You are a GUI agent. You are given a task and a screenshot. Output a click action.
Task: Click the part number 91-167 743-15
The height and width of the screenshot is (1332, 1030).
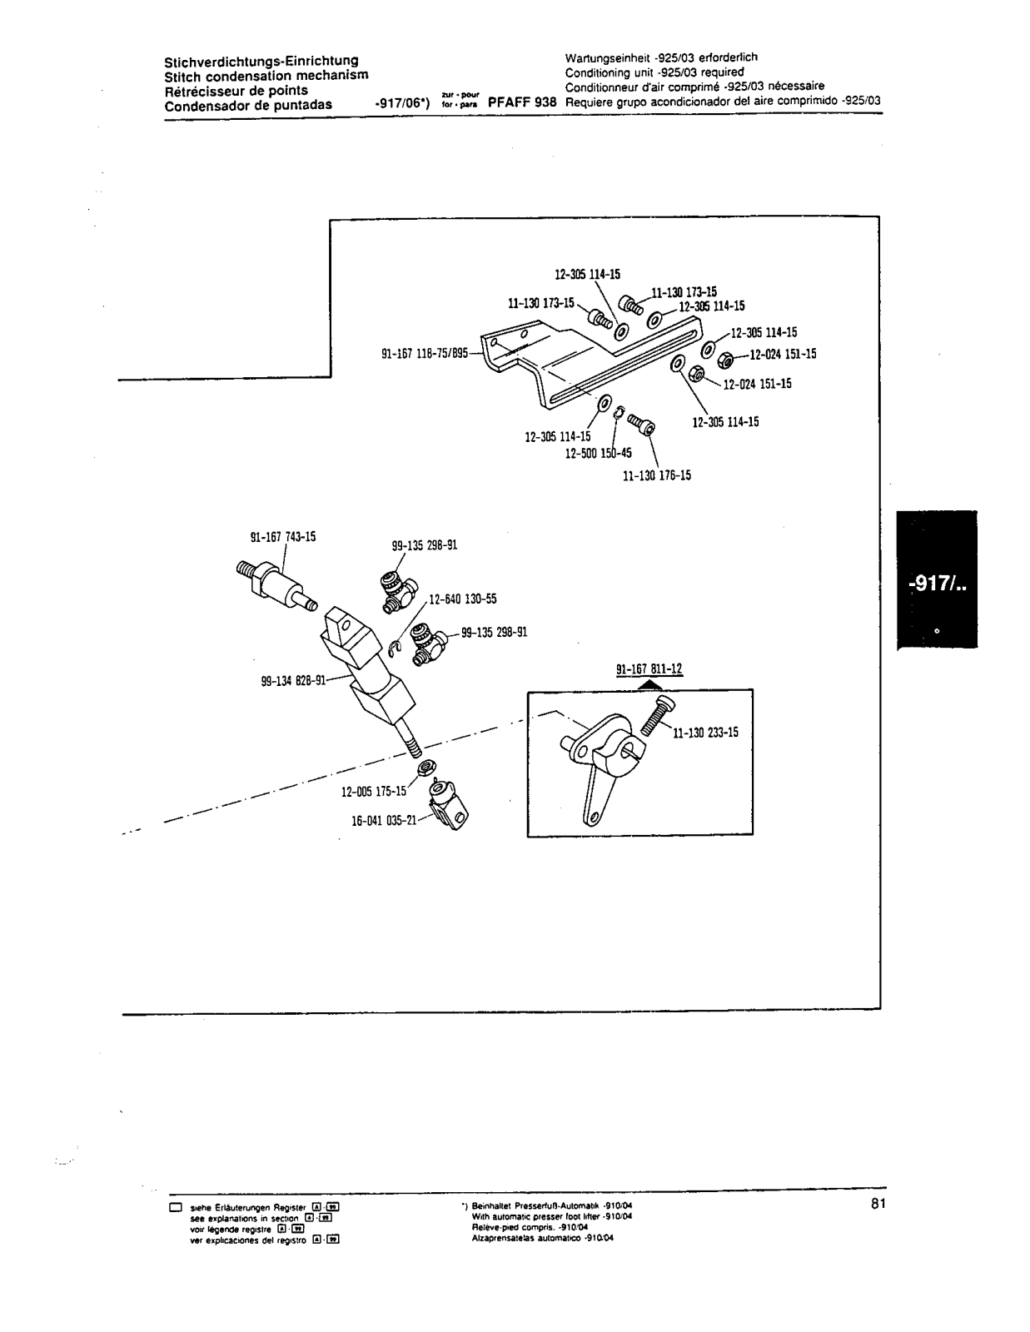(277, 537)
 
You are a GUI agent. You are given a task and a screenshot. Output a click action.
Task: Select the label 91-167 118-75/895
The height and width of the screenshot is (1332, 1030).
(425, 353)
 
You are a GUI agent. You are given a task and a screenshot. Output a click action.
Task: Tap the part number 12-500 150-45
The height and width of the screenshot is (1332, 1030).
(598, 454)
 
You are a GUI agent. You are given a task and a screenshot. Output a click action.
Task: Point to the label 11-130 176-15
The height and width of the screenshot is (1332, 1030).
(656, 475)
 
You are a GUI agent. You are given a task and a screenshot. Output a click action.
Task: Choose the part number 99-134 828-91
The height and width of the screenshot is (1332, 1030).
(293, 680)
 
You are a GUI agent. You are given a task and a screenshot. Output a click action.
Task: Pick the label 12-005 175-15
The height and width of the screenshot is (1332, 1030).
(374, 791)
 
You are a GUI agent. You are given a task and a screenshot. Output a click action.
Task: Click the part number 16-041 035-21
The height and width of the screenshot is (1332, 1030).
(384, 820)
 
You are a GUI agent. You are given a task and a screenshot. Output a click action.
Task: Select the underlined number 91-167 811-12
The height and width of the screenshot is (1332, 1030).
(649, 668)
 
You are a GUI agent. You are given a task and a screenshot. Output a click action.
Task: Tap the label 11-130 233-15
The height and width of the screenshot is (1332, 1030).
(705, 733)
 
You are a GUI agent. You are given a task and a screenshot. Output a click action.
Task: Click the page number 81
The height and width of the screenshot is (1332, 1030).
(878, 1203)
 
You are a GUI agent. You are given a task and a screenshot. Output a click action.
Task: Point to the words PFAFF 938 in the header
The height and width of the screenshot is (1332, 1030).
(522, 102)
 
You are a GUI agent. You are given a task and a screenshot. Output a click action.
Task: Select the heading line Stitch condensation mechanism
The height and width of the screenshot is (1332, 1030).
(266, 76)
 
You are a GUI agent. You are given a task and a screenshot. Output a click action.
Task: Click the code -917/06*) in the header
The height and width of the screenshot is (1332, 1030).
(402, 104)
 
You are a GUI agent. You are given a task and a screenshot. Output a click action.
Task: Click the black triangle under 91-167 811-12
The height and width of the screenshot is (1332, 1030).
(654, 684)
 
